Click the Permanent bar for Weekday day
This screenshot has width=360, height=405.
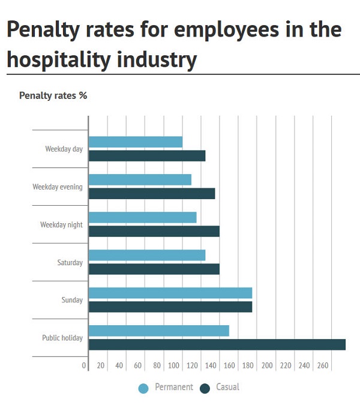(x=136, y=142)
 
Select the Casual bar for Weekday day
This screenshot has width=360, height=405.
(x=147, y=156)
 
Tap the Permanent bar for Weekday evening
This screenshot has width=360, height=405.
(x=140, y=180)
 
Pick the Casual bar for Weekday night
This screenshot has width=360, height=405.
(x=154, y=232)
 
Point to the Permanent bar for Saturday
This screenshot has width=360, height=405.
(x=147, y=255)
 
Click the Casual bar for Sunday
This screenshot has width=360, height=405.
(x=170, y=307)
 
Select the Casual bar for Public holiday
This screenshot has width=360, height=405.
(x=217, y=344)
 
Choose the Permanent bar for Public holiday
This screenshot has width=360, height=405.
(x=159, y=331)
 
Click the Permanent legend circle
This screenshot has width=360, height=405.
(x=143, y=388)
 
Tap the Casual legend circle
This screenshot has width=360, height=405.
(x=205, y=388)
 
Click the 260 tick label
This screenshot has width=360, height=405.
(x=323, y=365)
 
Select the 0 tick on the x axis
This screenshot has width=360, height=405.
(x=84, y=365)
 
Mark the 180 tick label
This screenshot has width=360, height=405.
(x=249, y=365)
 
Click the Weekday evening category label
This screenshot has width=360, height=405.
(x=58, y=187)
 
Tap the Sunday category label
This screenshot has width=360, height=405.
(x=72, y=300)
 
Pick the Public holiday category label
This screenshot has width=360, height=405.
(x=62, y=338)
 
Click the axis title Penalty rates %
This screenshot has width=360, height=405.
(x=53, y=95)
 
